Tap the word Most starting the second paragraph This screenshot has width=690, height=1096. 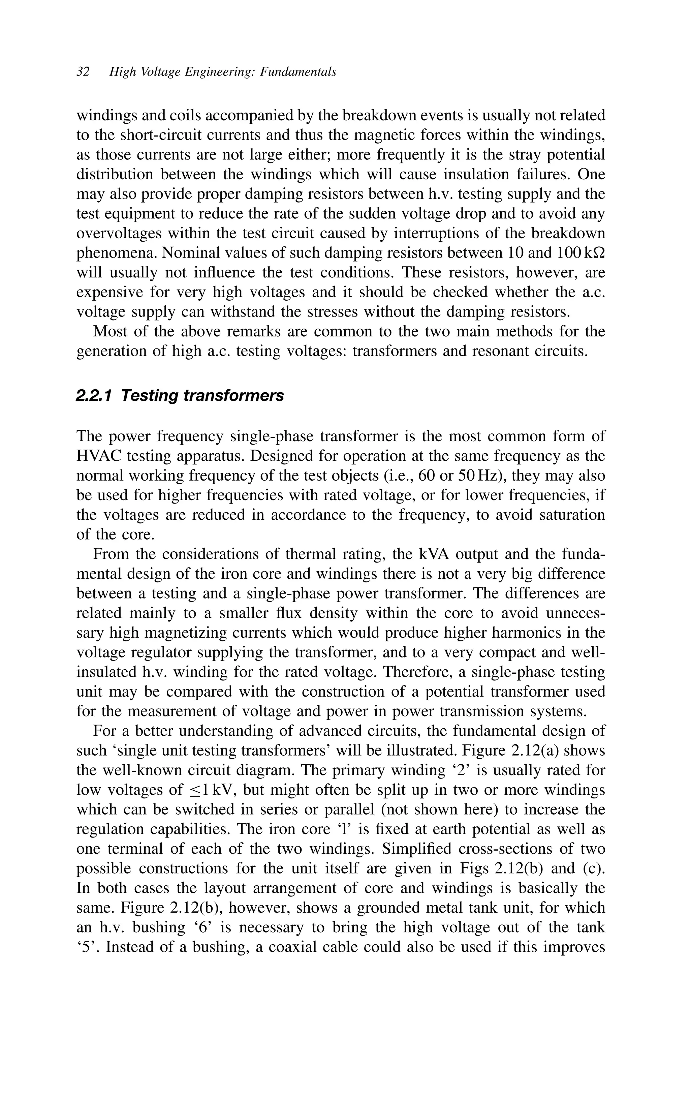[109, 331]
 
